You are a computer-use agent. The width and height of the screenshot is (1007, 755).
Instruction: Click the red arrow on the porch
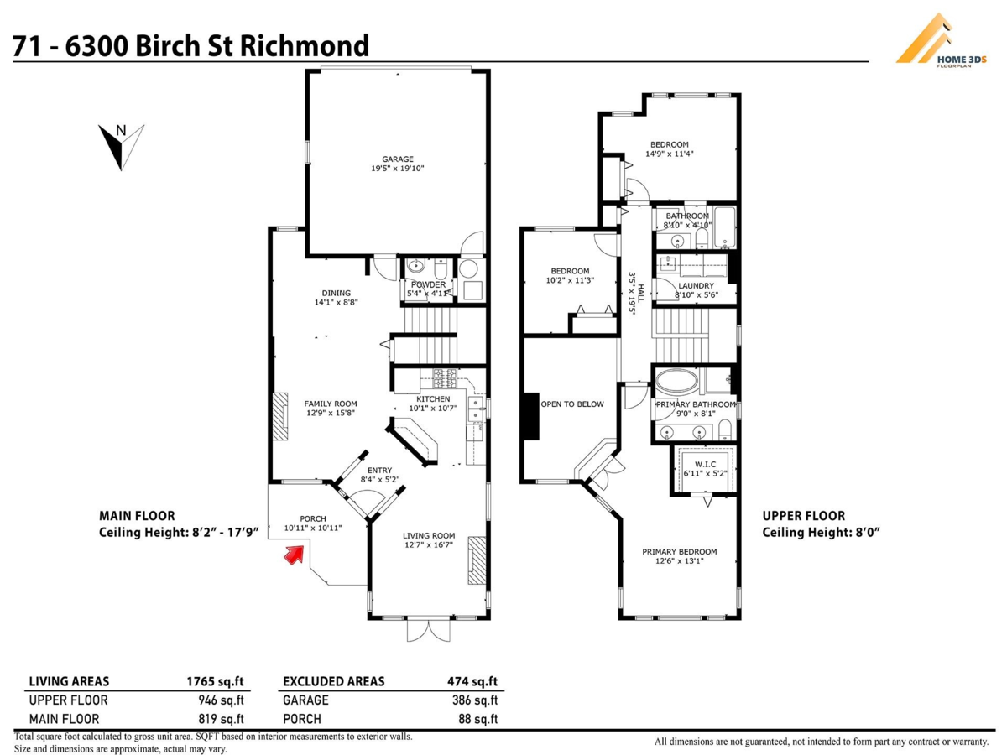(294, 555)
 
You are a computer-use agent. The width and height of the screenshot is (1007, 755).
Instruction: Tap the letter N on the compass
(121, 131)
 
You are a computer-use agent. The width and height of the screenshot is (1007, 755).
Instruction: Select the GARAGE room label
(397, 159)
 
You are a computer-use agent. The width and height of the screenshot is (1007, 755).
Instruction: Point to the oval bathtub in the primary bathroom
(676, 382)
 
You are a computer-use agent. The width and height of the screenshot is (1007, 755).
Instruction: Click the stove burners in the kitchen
(445, 378)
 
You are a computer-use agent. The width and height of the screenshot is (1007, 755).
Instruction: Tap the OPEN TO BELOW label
(572, 404)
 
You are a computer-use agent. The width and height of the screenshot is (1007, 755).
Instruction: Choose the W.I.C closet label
(705, 465)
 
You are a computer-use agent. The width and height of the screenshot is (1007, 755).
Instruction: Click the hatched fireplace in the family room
(280, 417)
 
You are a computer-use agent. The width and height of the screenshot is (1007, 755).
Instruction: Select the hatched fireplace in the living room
(477, 560)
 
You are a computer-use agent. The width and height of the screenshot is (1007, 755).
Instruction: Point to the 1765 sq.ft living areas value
(215, 682)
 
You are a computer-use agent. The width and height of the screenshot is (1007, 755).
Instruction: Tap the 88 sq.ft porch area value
(477, 719)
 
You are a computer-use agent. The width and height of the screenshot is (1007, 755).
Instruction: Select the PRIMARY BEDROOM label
(679, 552)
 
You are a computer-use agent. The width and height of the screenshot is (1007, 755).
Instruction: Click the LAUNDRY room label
(696, 285)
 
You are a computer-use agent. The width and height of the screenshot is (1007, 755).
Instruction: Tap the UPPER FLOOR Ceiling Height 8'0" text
(822, 524)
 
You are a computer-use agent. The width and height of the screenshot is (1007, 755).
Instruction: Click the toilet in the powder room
(441, 269)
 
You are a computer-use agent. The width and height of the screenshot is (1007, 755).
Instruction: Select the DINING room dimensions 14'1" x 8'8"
(336, 303)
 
